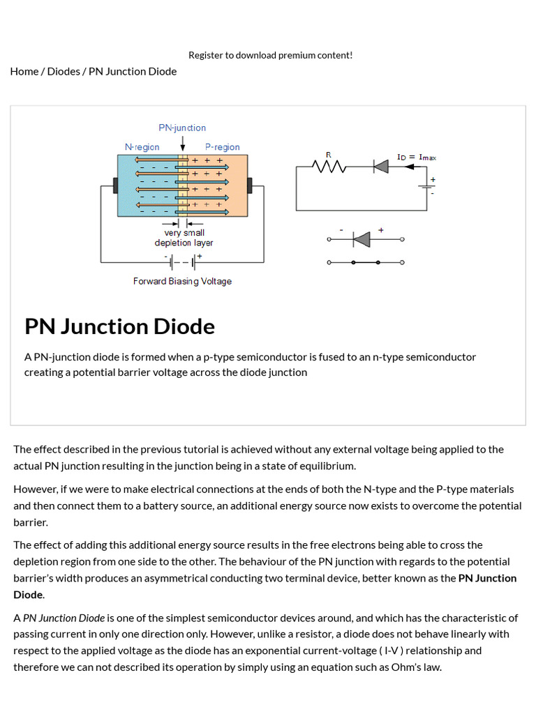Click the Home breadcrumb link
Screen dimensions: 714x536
coord(24,71)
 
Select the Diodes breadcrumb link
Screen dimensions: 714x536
coord(64,71)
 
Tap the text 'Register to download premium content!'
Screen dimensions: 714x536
coord(270,55)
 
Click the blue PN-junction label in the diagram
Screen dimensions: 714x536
coord(182,128)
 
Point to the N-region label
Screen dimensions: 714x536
coord(142,147)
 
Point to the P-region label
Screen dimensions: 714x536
coord(222,147)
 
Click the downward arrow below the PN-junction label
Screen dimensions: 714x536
coord(183,144)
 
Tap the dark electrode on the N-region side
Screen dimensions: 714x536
coord(115,186)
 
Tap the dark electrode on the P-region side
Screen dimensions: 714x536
coord(249,186)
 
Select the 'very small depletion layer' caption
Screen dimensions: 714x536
coord(184,238)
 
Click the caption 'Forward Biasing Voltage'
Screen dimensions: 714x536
coord(182,281)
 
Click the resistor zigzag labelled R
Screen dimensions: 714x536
coord(329,167)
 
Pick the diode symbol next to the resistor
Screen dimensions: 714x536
coord(380,167)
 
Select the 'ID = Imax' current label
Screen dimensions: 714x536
coord(417,158)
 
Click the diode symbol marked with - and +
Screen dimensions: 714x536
coord(361,240)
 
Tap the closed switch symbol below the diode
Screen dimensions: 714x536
coord(365,262)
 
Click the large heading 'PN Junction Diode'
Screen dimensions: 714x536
coord(119,326)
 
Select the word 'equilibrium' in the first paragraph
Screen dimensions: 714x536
coord(325,466)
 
